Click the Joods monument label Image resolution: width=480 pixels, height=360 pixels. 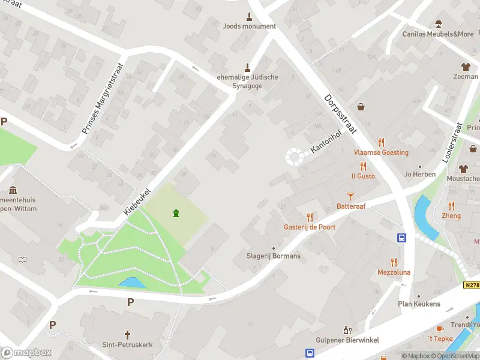click(x=249, y=26)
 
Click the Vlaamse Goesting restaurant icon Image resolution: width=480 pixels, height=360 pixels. click(x=381, y=142)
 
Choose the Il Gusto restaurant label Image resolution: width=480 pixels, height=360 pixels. click(x=363, y=176)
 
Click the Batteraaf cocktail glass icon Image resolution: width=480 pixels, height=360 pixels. click(x=351, y=196)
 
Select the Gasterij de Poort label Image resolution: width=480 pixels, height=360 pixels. click(x=310, y=227)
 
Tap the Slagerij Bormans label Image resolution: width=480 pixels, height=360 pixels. click(x=274, y=256)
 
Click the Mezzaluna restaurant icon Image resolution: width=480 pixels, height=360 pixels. click(x=394, y=262)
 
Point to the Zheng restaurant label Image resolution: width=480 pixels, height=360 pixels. click(x=451, y=216)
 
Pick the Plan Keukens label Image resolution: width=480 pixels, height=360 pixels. click(x=419, y=304)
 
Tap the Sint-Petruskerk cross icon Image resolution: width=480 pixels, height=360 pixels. click(x=127, y=334)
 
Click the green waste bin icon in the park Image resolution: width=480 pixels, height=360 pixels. click(x=176, y=213)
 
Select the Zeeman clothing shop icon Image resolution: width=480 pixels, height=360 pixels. click(x=465, y=67)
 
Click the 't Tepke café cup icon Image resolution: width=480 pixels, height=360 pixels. click(x=439, y=329)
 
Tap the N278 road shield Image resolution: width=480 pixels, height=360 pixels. click(x=472, y=286)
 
